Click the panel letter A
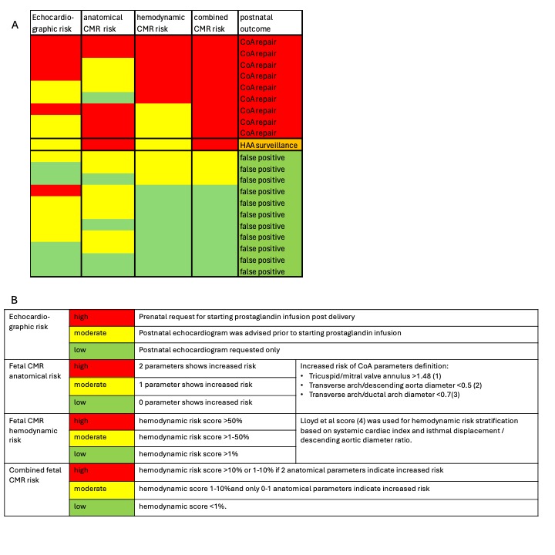click(x=15, y=25)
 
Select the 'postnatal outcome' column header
click(x=259, y=22)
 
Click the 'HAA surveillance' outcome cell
click(x=268, y=145)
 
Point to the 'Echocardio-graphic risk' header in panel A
click(x=55, y=22)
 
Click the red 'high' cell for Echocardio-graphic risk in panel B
click(x=101, y=317)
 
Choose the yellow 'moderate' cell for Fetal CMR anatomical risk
click(x=101, y=384)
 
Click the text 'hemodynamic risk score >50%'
click(x=180, y=421)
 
